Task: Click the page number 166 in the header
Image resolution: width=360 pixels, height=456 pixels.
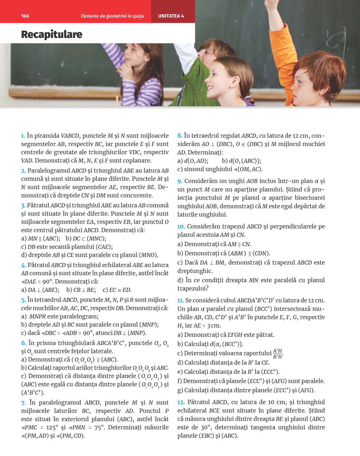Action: (x=25, y=16)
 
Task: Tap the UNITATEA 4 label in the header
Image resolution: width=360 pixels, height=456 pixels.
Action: (x=171, y=16)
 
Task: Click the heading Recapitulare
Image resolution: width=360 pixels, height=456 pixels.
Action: (x=52, y=34)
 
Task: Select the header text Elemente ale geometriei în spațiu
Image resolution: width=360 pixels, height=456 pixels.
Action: (x=112, y=16)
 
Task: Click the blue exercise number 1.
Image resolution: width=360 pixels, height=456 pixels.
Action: (x=23, y=136)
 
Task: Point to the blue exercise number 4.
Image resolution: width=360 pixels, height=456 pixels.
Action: (x=23, y=265)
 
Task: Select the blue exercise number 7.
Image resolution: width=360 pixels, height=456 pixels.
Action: (x=23, y=403)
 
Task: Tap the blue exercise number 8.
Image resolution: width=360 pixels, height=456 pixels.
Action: (x=179, y=136)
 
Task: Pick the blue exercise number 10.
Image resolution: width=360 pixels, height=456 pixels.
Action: (x=181, y=227)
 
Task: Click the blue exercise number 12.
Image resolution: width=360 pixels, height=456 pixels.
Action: (x=181, y=402)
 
